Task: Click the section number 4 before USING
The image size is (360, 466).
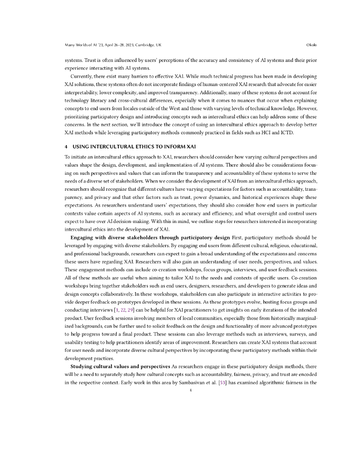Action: [66, 147]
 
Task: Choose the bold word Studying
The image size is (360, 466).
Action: [82, 367]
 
